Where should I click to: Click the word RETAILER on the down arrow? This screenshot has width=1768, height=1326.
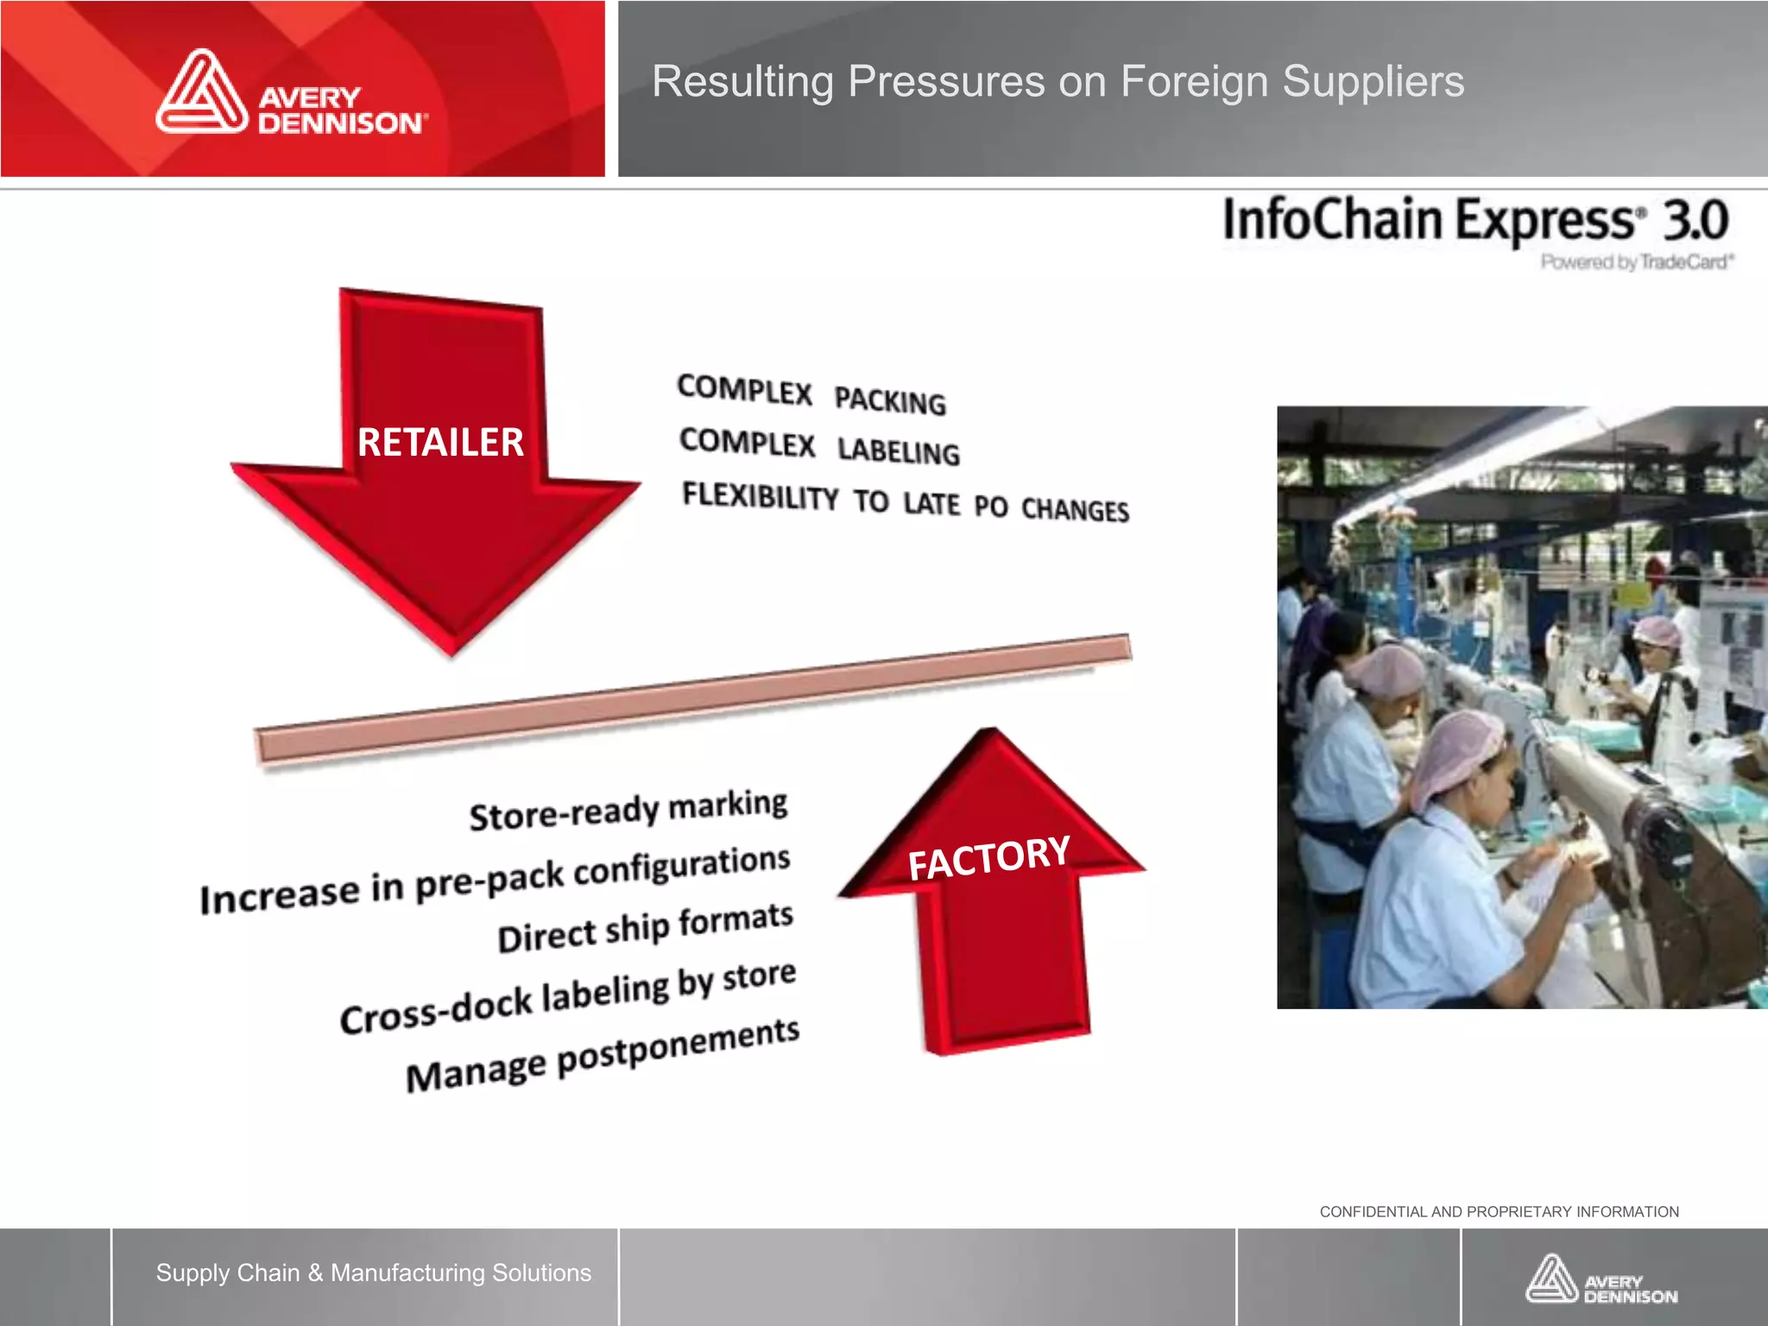pyautogui.click(x=440, y=442)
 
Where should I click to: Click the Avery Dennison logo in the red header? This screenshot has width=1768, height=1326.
pyautogui.click(x=291, y=93)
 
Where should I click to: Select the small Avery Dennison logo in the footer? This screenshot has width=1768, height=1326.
pyautogui.click(x=1601, y=1279)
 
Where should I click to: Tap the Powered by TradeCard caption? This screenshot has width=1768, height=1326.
pyautogui.click(x=1637, y=262)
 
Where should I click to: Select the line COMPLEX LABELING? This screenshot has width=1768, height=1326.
pyautogui.click(x=819, y=446)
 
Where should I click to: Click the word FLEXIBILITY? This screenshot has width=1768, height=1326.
pyautogui.click(x=761, y=496)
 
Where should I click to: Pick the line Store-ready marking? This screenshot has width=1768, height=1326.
pyautogui.click(x=628, y=810)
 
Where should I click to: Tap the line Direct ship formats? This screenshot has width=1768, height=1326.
pyautogui.click(x=645, y=927)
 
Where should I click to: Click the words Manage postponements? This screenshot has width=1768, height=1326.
pyautogui.click(x=603, y=1055)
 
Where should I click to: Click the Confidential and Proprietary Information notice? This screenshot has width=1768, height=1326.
pyautogui.click(x=1499, y=1212)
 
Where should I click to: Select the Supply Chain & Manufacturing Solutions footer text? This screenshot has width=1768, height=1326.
pyautogui.click(x=374, y=1272)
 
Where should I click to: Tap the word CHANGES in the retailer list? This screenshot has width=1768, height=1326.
pyautogui.click(x=1075, y=510)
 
